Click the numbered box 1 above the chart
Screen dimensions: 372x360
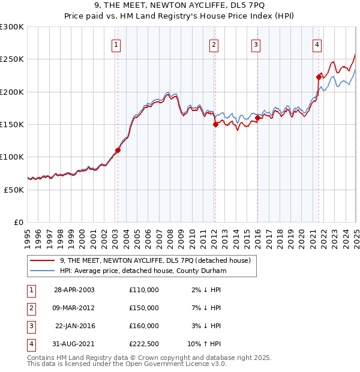(115, 44)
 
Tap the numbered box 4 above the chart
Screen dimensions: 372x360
(316, 44)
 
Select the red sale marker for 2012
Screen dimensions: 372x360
(215, 125)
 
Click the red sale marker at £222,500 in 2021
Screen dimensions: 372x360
(319, 77)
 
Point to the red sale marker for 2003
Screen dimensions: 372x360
(118, 151)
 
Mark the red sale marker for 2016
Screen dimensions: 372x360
(257, 118)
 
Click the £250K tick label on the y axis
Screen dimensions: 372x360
(12, 59)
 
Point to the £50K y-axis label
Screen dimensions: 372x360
(14, 190)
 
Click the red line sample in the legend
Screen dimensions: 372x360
(43, 260)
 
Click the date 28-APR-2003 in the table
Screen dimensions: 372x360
(74, 290)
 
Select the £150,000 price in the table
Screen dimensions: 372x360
(144, 308)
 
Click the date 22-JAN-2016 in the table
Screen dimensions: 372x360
(75, 326)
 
